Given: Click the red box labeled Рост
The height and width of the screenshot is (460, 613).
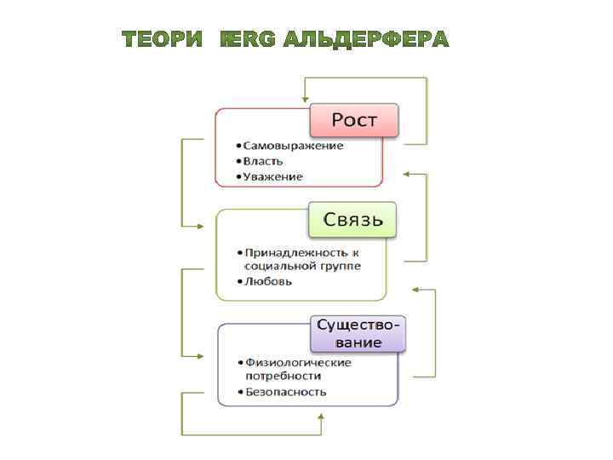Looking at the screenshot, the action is click(353, 120).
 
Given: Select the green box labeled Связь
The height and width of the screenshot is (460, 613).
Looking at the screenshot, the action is click(352, 221).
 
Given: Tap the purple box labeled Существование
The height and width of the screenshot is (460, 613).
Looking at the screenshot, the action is click(358, 333).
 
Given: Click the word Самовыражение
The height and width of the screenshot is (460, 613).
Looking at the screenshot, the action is click(293, 146).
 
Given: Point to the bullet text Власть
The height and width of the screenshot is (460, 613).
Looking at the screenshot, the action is click(263, 161).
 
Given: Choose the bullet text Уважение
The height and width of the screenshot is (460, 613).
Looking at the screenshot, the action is click(272, 176).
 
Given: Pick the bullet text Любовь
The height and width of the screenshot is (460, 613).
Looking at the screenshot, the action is click(268, 281).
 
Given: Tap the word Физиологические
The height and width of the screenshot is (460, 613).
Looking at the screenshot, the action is click(298, 362).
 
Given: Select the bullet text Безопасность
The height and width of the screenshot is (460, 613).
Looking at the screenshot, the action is click(285, 392).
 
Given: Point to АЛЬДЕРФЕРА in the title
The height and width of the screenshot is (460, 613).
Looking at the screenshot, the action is click(366, 39).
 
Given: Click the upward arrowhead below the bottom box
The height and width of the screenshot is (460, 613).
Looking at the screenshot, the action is click(320, 417).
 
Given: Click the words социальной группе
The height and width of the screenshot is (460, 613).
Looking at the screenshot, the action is click(302, 267).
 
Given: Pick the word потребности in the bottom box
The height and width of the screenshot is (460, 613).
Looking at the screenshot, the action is click(283, 375).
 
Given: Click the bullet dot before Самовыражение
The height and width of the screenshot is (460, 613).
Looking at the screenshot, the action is click(239, 146).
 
